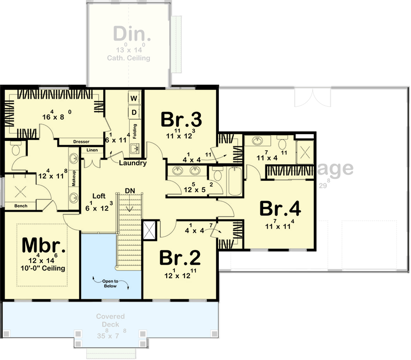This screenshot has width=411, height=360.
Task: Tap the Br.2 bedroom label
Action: (x=180, y=258)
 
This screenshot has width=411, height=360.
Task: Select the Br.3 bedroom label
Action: (x=181, y=120)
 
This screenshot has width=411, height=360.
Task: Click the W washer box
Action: (x=134, y=98)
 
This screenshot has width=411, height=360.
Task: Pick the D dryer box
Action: (x=134, y=112)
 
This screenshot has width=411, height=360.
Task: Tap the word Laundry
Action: (x=132, y=163)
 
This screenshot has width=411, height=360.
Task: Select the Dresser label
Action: (x=80, y=141)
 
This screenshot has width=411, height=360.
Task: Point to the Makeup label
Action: (x=73, y=178)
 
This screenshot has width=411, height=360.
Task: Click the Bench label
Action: (x=21, y=206)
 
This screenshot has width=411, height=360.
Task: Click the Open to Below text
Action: (x=110, y=283)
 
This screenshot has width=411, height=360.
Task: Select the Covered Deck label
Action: (x=108, y=321)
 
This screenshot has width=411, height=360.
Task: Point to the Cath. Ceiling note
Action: (x=128, y=58)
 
